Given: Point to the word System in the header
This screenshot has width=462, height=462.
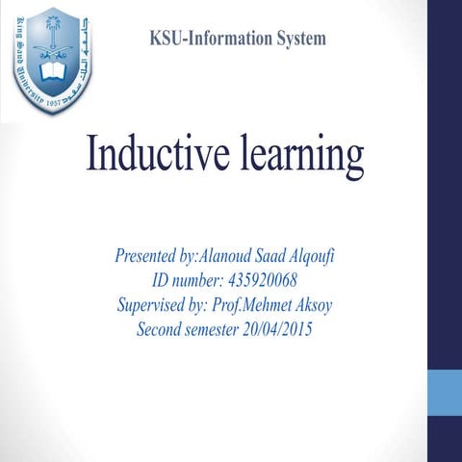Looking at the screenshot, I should click(299, 38).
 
